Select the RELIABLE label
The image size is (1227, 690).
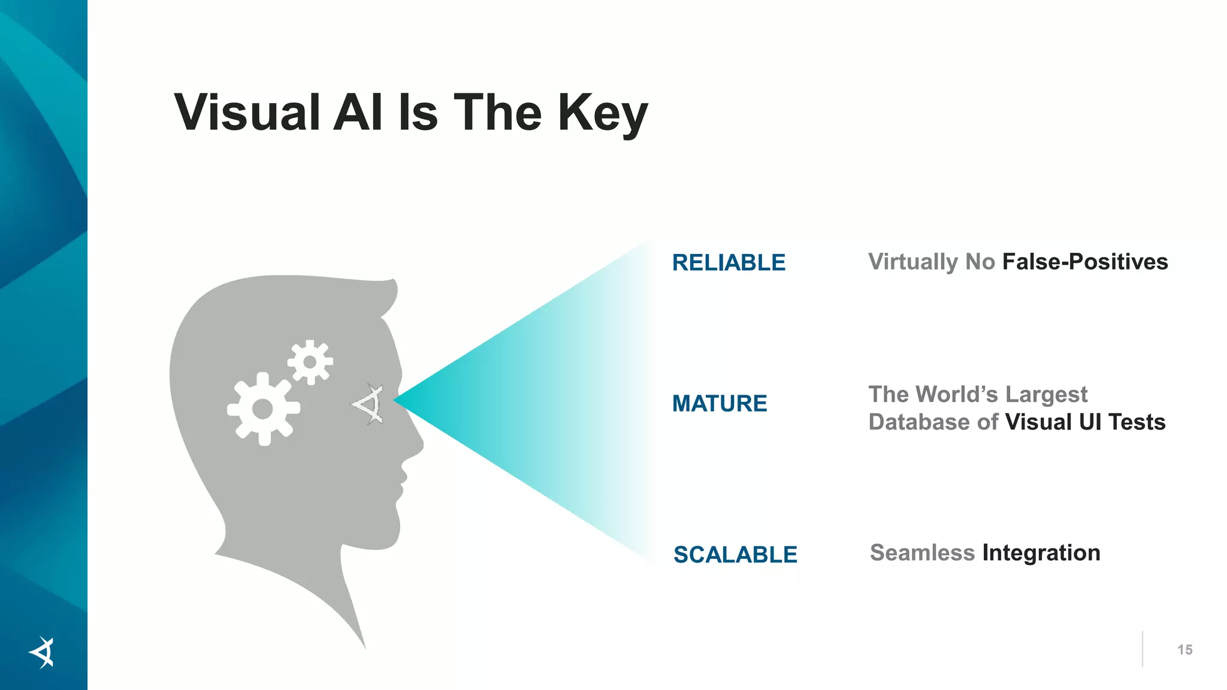729,263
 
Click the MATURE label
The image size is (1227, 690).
720,404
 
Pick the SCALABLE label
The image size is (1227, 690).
735,555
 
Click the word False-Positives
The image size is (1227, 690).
1085,262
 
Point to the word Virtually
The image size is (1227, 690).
913,262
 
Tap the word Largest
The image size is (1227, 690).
1046,395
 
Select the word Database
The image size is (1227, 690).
919,422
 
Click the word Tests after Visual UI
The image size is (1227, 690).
1137,422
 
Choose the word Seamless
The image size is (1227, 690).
922,553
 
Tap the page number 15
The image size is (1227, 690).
1184,650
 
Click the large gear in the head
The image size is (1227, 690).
263,409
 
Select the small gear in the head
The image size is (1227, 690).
310,362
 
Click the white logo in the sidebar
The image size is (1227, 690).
42,652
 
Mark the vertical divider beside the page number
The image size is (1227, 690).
1143,649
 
